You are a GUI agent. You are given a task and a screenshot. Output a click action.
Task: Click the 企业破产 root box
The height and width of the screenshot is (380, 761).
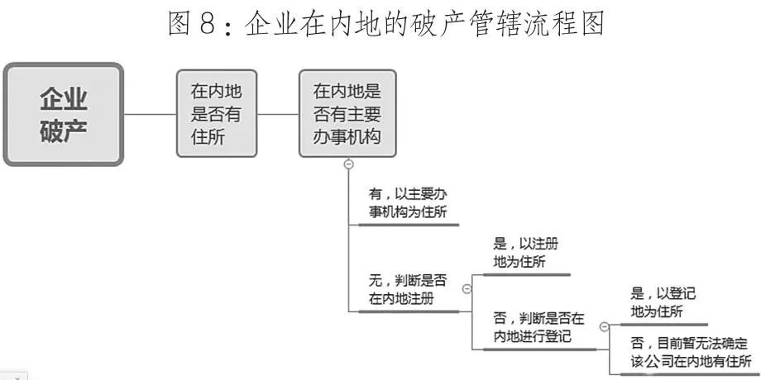64,114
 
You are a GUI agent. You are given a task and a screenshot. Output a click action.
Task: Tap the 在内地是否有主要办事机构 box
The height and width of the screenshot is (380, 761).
347,114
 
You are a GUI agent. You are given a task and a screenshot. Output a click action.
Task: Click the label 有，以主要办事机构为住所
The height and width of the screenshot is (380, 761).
412,203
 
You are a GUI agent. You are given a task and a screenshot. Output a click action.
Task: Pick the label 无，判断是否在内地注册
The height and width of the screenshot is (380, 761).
408,289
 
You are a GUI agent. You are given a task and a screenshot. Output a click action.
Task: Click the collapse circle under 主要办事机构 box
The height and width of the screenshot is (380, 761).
348,164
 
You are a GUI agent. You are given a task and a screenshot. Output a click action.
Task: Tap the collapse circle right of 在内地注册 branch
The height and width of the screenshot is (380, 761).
467,288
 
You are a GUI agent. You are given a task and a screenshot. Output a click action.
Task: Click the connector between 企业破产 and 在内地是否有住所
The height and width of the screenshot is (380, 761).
150,114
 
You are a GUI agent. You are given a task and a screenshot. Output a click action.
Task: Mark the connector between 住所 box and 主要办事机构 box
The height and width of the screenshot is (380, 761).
278,114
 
